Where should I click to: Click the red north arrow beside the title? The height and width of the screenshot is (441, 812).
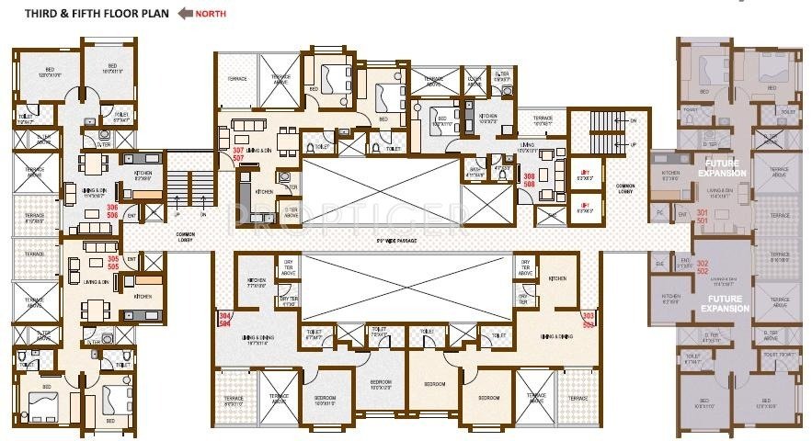pyautogui.click(x=184, y=14)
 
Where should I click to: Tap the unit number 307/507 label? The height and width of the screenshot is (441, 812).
pyautogui.click(x=239, y=154)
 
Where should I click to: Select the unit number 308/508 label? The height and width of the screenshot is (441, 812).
pyautogui.click(x=529, y=179)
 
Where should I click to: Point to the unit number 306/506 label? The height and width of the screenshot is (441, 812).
pyautogui.click(x=113, y=212)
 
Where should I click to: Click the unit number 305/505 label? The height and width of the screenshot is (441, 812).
pyautogui.click(x=113, y=264)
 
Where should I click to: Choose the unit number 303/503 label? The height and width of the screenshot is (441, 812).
pyautogui.click(x=588, y=321)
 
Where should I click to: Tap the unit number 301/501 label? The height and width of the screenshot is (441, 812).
pyautogui.click(x=703, y=217)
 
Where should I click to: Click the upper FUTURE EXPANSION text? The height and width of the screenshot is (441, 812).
pyautogui.click(x=721, y=168)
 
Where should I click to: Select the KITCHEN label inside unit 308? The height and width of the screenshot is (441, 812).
pyautogui.click(x=488, y=118)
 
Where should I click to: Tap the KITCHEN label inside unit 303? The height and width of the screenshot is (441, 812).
pyautogui.click(x=557, y=278)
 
